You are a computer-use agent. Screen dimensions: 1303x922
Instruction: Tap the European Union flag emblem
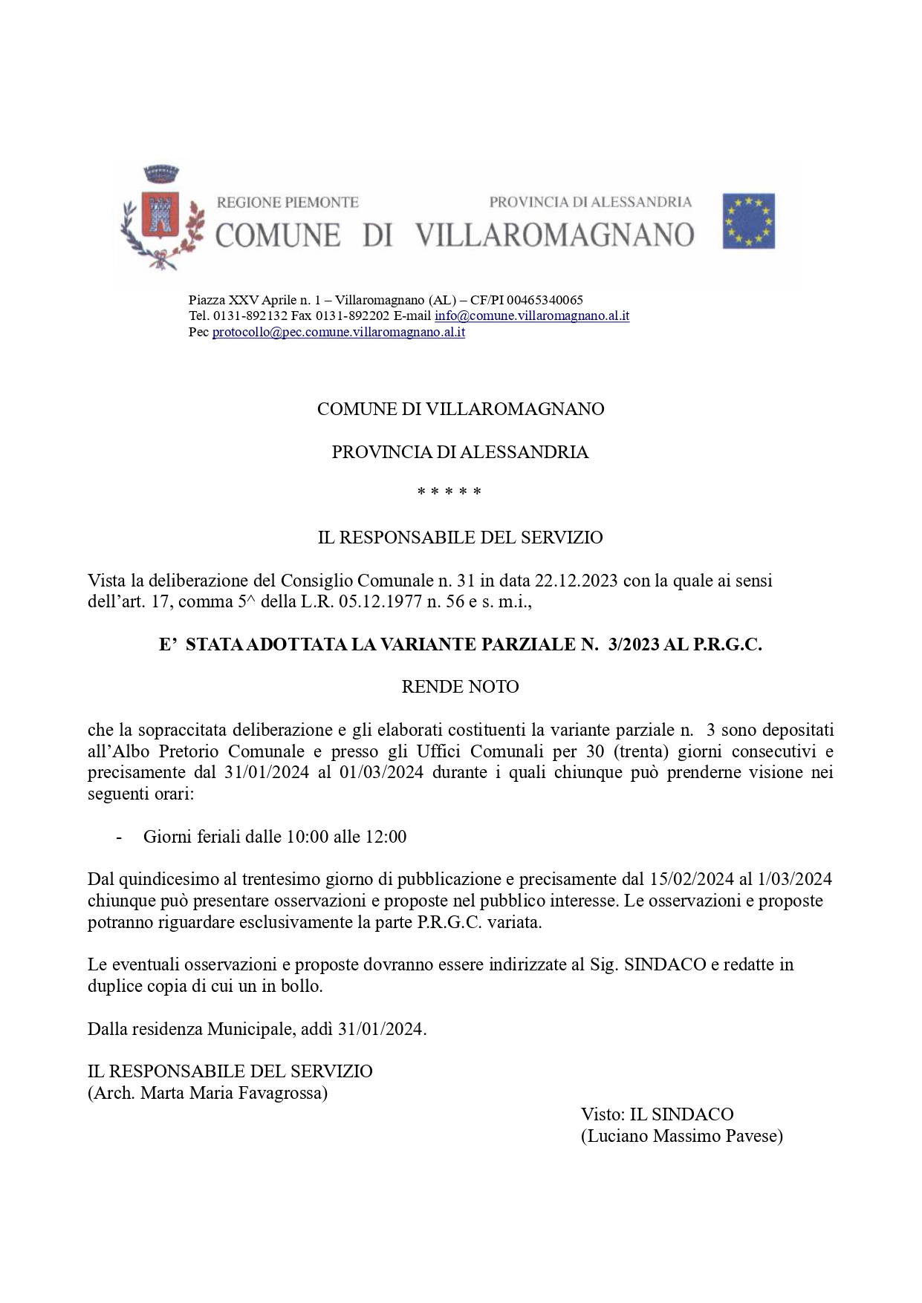pos(748,221)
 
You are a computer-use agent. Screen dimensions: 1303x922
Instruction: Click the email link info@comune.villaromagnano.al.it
pos(532,316)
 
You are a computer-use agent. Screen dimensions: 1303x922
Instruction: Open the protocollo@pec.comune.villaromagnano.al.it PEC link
pos(339,332)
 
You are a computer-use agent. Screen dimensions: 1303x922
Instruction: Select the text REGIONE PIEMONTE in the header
pos(288,202)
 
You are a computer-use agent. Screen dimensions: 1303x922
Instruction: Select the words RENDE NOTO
pos(460,687)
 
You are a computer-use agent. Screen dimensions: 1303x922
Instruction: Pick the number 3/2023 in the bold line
pos(633,644)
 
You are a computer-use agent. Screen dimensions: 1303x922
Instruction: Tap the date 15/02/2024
pos(691,880)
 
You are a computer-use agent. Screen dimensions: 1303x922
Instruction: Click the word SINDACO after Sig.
pos(665,964)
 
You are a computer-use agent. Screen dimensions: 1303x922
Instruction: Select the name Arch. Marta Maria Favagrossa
pos(208,1093)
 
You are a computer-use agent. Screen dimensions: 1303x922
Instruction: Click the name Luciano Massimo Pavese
pos(681,1136)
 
